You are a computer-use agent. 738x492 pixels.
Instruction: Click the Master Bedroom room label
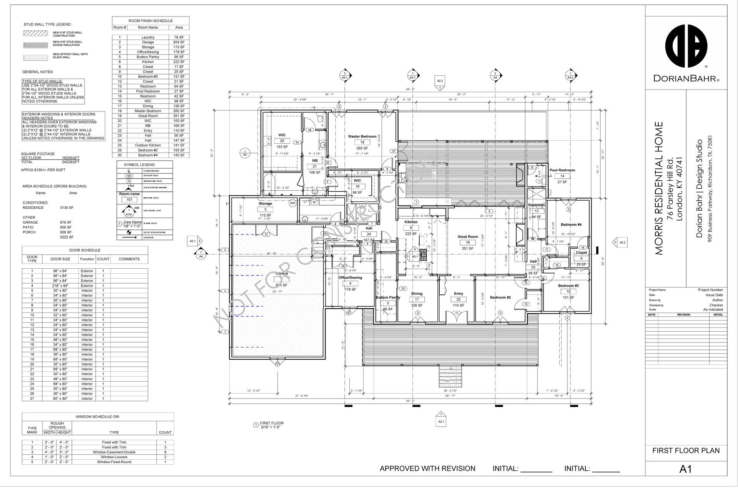[x=362, y=136]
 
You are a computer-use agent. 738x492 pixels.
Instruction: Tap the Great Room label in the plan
[x=467, y=237]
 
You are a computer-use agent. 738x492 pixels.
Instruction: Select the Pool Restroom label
[x=562, y=170]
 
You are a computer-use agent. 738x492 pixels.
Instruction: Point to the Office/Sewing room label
[x=350, y=278]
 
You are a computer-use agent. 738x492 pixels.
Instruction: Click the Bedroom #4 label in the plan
[x=571, y=224]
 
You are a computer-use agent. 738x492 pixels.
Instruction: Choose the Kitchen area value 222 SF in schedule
[x=179, y=62]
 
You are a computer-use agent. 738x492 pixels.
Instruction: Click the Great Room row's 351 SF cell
[x=179, y=116]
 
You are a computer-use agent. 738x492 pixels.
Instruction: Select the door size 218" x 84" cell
[x=60, y=286]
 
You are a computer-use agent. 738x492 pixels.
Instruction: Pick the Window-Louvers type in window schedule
[x=114, y=457]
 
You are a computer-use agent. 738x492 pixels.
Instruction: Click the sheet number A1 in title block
[x=686, y=469]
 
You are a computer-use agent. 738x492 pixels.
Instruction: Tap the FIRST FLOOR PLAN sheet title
[x=686, y=450]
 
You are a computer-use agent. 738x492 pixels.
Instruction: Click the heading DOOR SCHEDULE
[x=85, y=250]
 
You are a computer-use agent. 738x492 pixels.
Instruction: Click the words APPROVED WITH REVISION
[x=427, y=469]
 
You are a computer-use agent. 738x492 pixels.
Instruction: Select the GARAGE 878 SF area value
[x=66, y=223]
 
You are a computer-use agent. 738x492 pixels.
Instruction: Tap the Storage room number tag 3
[x=265, y=209]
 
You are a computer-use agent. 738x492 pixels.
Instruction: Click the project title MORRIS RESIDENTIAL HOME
[x=659, y=188]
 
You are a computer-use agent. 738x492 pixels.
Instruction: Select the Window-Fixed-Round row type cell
[x=114, y=462]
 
